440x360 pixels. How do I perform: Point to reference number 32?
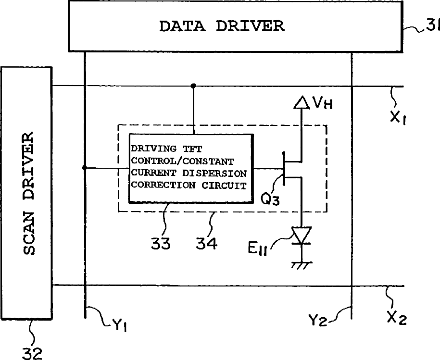click(32, 353)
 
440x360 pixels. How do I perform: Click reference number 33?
click(161, 244)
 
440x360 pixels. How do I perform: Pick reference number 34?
click(206, 244)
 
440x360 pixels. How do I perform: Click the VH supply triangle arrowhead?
click(302, 101)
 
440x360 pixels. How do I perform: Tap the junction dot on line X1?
click(193, 86)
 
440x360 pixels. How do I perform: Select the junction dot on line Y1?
click(85, 168)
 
